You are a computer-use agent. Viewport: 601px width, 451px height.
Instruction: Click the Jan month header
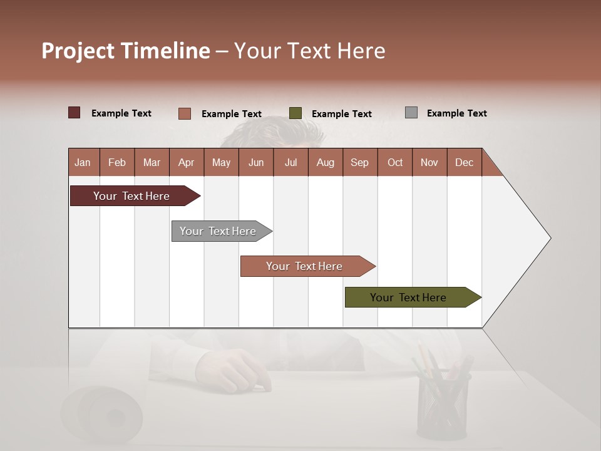pyautogui.click(x=83, y=162)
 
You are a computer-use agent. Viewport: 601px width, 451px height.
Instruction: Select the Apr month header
pyautogui.click(x=187, y=162)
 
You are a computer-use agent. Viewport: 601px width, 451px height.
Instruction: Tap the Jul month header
pyautogui.click(x=290, y=162)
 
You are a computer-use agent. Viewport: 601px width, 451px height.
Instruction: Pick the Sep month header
pyautogui.click(x=359, y=162)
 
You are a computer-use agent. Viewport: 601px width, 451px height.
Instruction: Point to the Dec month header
pyautogui.click(x=464, y=162)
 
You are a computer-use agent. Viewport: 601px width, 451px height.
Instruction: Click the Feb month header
pyautogui.click(x=117, y=162)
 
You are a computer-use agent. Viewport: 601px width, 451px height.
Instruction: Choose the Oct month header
pyautogui.click(x=395, y=162)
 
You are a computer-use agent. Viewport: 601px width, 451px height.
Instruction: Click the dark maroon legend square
pyautogui.click(x=74, y=113)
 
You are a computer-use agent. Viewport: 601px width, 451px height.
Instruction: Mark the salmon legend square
pyautogui.click(x=185, y=113)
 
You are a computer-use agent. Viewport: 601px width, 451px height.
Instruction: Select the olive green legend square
pyautogui.click(x=295, y=113)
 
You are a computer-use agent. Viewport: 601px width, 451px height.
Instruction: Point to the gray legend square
pyautogui.click(x=411, y=113)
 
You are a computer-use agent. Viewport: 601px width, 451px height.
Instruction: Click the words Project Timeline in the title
pyautogui.click(x=126, y=51)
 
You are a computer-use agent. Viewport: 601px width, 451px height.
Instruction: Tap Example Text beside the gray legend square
pyautogui.click(x=456, y=113)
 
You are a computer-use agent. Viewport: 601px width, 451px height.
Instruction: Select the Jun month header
pyautogui.click(x=256, y=162)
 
